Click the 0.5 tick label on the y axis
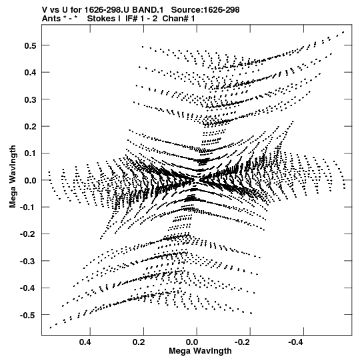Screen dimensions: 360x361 click(30, 45)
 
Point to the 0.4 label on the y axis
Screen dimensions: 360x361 click(30, 73)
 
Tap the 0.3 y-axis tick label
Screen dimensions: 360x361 click(30, 99)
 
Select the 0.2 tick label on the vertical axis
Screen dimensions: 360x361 click(30, 126)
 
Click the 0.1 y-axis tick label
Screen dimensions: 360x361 click(30, 153)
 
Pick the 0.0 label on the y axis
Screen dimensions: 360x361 click(30, 180)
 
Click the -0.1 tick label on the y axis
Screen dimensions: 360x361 click(28, 208)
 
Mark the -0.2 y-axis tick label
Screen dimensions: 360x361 click(28, 234)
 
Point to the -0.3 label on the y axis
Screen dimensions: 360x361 click(28, 261)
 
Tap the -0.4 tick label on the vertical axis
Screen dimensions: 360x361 click(28, 288)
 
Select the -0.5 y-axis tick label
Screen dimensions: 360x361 click(28, 315)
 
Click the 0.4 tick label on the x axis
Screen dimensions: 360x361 click(85, 342)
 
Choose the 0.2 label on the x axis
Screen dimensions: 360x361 click(139, 342)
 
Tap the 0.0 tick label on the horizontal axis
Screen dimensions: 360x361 click(192, 342)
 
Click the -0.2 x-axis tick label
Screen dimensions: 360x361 click(243, 342)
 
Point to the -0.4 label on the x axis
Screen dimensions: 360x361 click(296, 342)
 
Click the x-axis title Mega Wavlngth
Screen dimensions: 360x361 click(200, 351)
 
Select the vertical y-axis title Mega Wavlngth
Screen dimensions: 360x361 click(13, 177)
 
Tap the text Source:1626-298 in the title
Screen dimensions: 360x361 click(205, 10)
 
